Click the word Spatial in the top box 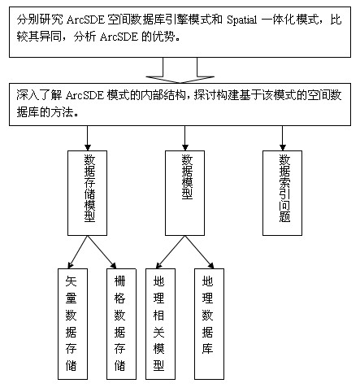241,20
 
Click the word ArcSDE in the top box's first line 85,20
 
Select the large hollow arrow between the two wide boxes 180,70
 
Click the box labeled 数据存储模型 87,193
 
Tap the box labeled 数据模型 184,193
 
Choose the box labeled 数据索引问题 282,193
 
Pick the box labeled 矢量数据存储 72,324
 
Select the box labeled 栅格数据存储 121,324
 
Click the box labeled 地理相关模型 160,324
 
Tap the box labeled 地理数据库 209,324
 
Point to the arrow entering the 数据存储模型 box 87,138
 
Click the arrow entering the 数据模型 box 184,138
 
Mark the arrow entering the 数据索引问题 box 282,138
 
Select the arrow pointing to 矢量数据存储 78,252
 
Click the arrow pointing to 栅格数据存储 102,252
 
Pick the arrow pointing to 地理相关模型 171,252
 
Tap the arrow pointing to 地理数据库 199,252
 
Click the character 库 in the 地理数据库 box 207,348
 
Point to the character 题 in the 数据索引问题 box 284,217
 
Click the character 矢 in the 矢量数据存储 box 71,281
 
